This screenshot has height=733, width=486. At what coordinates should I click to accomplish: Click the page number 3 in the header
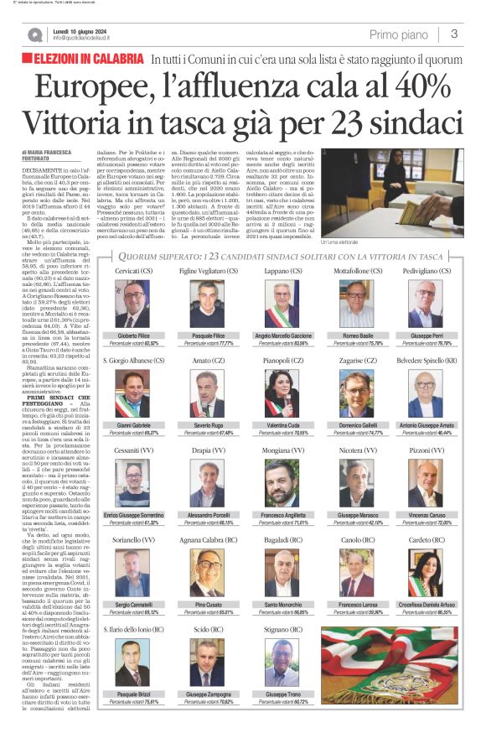click(452, 34)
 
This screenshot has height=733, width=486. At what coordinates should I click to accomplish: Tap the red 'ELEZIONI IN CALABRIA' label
click(87, 60)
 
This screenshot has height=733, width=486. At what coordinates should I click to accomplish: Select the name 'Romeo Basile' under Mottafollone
click(362, 335)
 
